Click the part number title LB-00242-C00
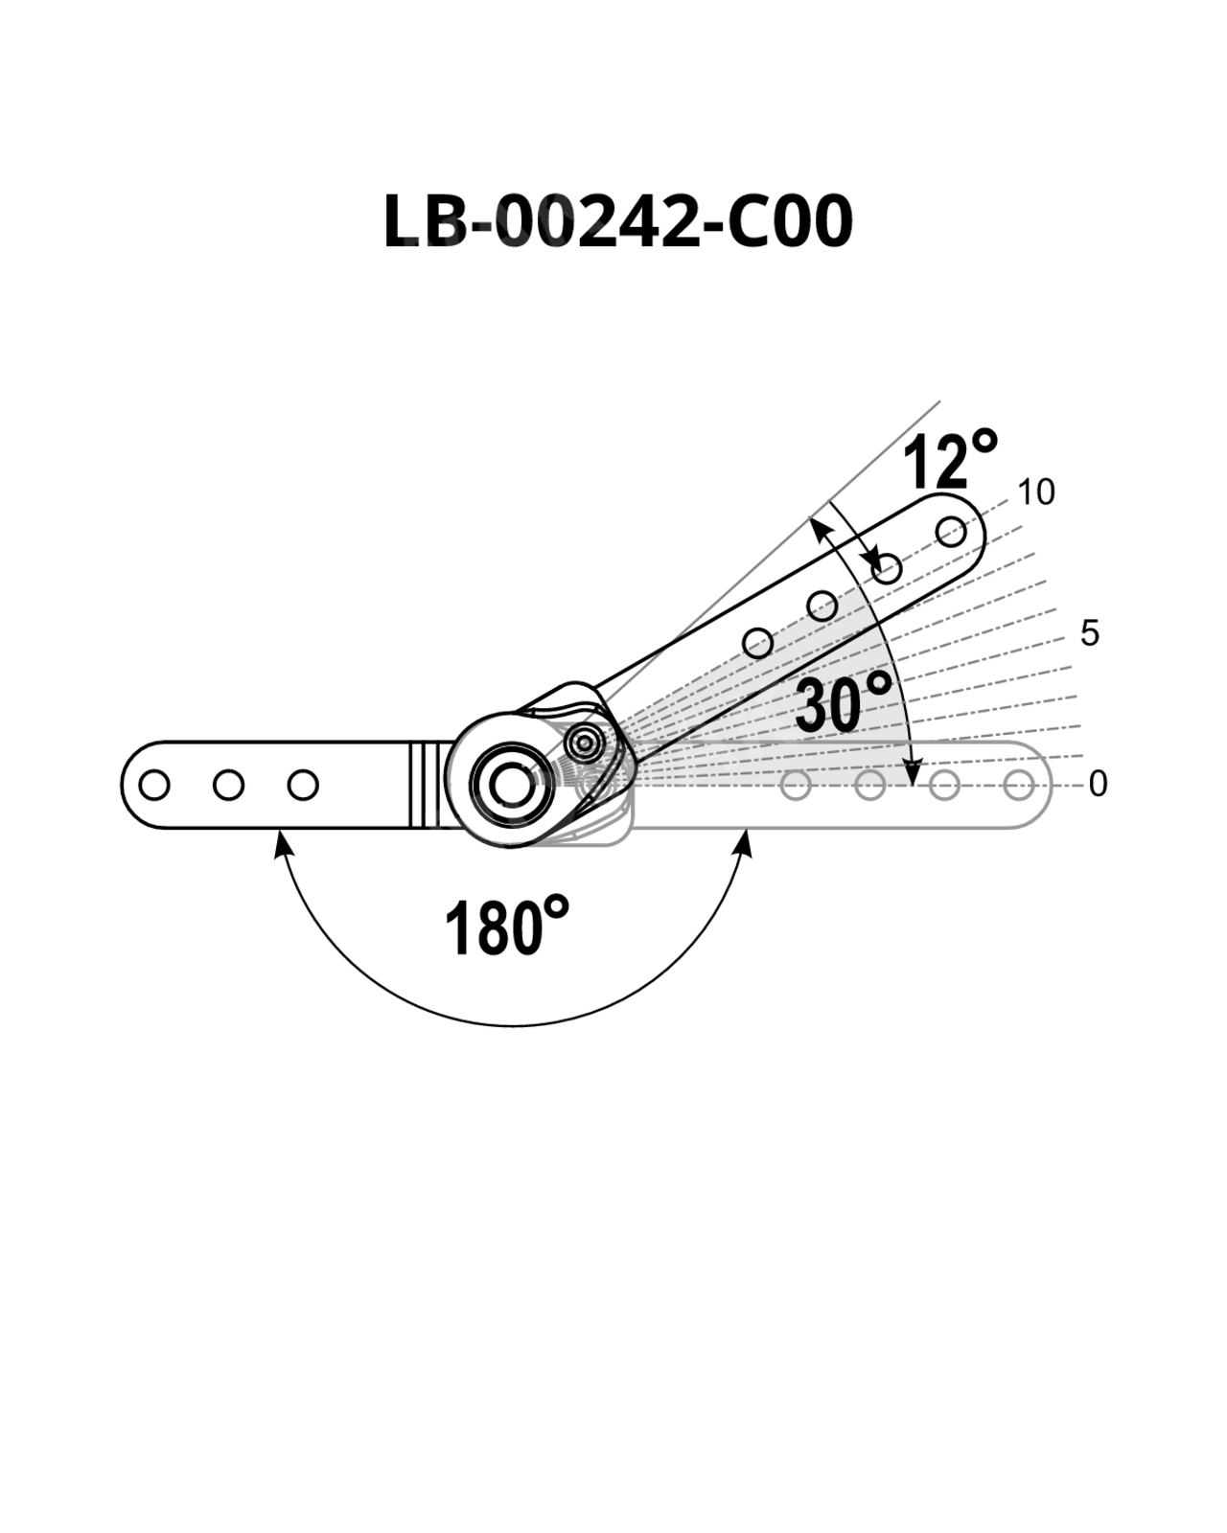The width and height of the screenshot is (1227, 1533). pos(617,220)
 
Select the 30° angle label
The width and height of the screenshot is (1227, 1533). pos(843,703)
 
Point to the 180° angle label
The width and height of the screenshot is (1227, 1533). pos(506,927)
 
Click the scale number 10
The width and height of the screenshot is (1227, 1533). pos(1036,492)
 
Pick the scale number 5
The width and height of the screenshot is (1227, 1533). pos(1089,632)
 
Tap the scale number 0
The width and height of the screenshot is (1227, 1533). pos(1098,785)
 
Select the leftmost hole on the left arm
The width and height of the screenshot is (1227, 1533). pos(154,785)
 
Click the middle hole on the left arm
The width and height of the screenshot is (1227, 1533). pos(228,785)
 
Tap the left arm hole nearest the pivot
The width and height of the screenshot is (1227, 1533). pos(302,785)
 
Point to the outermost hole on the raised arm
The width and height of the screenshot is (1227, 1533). pos(951,532)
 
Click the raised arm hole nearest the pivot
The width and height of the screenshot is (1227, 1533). pos(758,643)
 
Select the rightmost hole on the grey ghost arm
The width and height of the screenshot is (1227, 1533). pos(1018,785)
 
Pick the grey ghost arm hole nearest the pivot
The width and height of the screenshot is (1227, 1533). pos(796,785)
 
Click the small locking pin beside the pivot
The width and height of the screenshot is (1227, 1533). pos(585,744)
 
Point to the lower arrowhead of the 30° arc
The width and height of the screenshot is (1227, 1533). pos(912,772)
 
